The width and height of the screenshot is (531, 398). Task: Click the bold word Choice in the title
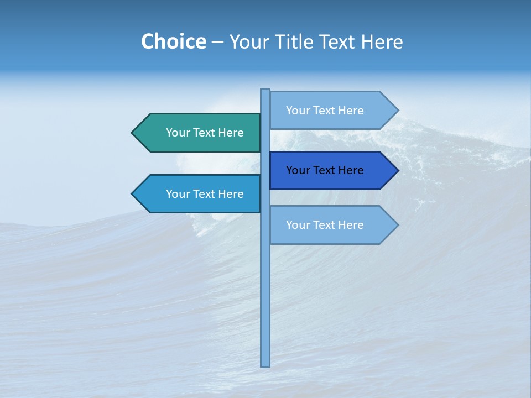coord(173,42)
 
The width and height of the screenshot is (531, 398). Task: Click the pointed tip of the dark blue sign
coord(397,170)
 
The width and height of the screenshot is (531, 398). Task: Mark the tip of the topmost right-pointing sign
coord(397,111)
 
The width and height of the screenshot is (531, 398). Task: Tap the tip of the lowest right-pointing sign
coord(397,225)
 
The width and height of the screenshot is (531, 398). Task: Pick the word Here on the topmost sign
coord(350,111)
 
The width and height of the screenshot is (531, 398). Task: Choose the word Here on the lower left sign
coord(230,194)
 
